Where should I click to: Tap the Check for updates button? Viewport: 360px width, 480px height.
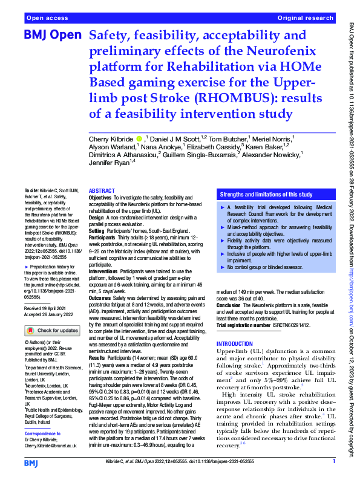[x=53, y=331]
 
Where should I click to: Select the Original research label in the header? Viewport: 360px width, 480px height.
[x=306, y=19]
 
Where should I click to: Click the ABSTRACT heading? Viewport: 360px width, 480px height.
[x=101, y=190]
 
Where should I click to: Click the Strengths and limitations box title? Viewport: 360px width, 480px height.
[x=266, y=195]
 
